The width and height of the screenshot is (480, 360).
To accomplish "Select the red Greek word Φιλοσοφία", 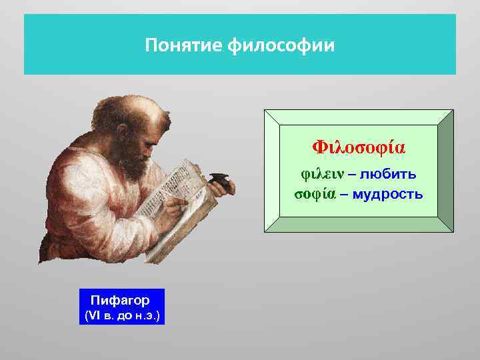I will [359, 147].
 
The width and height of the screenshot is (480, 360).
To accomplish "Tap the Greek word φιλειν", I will [321, 175].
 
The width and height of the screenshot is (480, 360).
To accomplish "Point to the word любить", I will [389, 175].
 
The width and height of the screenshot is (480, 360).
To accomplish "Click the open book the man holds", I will [180, 200].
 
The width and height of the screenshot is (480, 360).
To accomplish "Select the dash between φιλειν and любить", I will [352, 175].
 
